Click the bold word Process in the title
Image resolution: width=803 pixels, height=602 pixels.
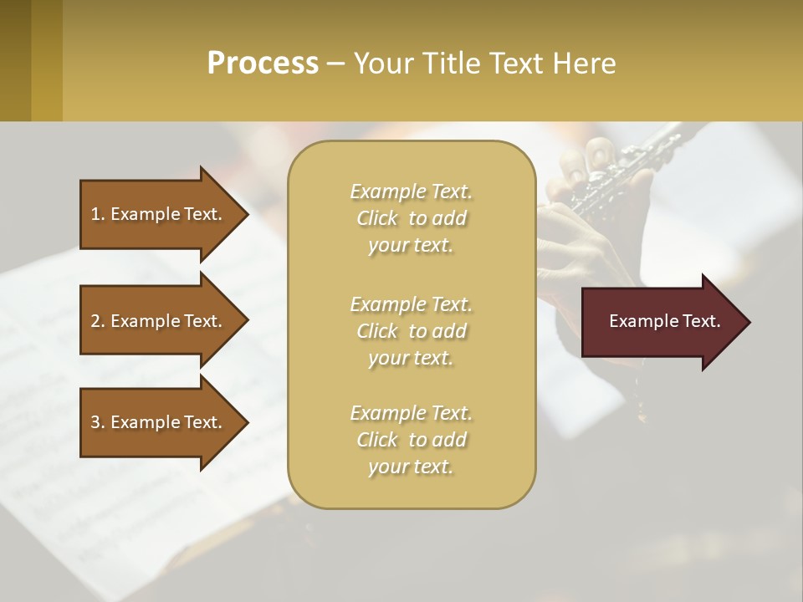[x=263, y=64]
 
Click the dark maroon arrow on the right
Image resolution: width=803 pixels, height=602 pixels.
[x=661, y=322]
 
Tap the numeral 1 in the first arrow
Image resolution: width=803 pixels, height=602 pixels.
[x=95, y=214]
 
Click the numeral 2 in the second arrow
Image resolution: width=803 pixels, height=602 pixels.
[x=95, y=321]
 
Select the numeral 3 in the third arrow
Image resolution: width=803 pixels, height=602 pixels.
[x=95, y=422]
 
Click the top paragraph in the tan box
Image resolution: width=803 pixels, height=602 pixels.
[x=411, y=218]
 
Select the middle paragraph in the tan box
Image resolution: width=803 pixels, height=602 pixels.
[x=411, y=330]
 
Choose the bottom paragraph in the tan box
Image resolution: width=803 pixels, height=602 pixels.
[x=411, y=440]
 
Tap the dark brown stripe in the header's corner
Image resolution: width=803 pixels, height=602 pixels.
[x=15, y=60]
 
